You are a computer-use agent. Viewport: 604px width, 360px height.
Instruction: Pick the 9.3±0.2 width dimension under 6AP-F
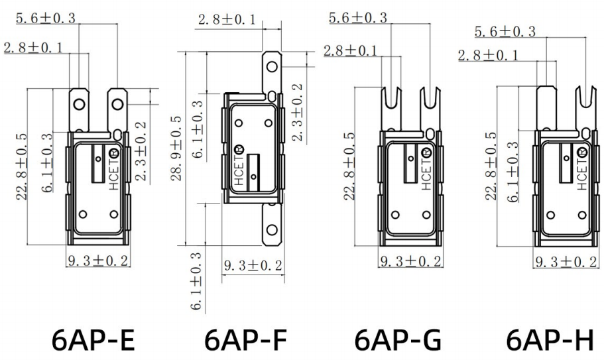tap(253, 266)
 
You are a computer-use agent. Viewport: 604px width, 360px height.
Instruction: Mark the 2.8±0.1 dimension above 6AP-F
tap(225, 21)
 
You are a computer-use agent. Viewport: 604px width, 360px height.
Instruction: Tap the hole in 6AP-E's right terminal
tap(117, 103)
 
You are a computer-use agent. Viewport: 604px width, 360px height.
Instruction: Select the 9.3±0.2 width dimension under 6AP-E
tap(97, 261)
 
